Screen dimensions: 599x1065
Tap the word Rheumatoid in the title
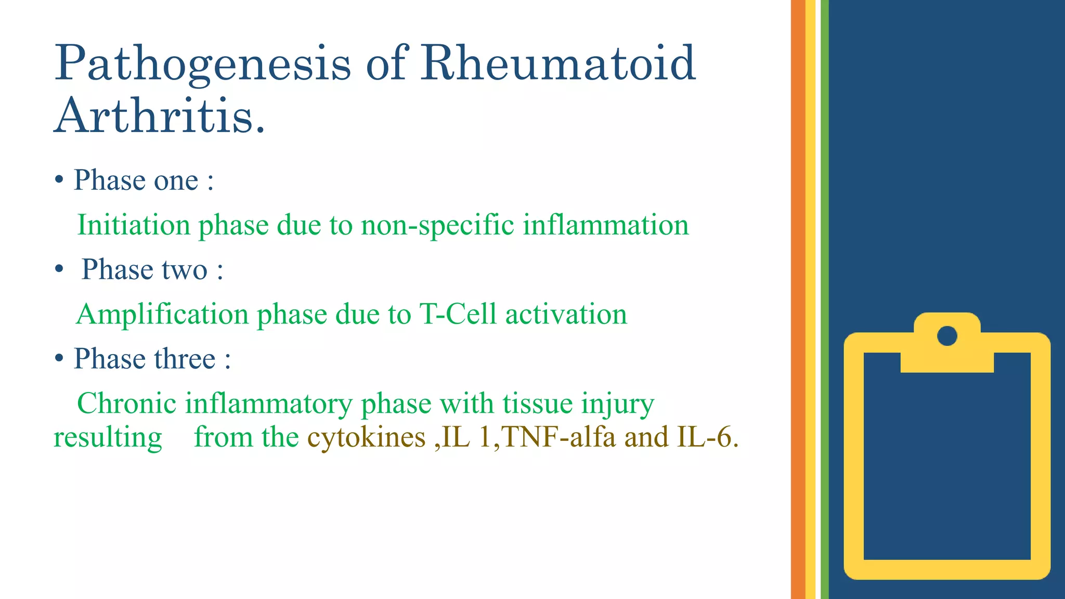point(557,63)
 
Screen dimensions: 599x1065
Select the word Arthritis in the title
point(159,115)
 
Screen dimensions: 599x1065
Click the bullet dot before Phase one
point(59,180)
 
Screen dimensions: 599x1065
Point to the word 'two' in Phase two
point(184,270)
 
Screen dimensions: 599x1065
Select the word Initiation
point(134,225)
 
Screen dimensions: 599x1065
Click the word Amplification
point(162,315)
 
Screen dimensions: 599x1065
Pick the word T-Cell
point(458,314)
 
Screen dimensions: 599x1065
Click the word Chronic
point(126,403)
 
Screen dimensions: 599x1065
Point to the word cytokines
point(366,437)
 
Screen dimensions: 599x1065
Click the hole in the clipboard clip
point(947,336)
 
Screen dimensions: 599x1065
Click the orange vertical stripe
point(798,299)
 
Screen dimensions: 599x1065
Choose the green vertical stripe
point(824,299)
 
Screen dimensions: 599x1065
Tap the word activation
point(566,315)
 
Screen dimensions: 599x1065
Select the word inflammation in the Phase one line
point(605,225)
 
